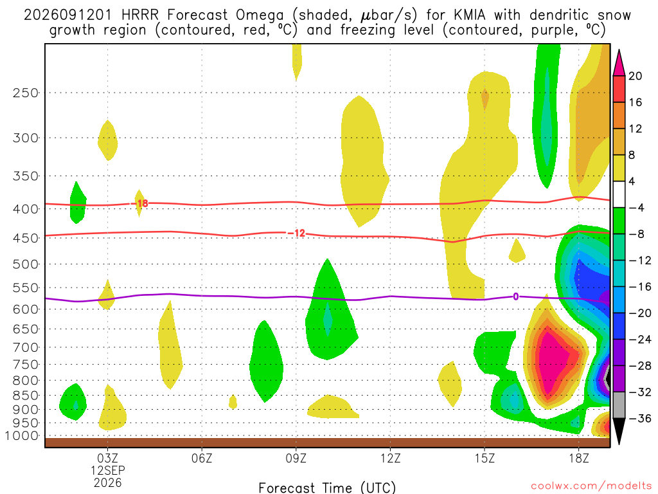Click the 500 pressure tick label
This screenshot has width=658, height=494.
[x=26, y=264]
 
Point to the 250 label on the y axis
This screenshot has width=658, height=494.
[x=26, y=93]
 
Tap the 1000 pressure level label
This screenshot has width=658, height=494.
[x=22, y=436]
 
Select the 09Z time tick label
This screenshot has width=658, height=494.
[x=296, y=458]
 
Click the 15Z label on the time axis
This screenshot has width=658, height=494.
[x=485, y=458]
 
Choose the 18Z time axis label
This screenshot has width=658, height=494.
[x=579, y=458]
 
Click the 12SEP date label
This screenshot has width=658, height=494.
[x=108, y=470]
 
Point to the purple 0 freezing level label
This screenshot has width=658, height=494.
[x=516, y=297]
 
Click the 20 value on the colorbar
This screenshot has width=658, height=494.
[x=635, y=76]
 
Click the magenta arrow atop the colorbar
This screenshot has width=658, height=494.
[x=619, y=64]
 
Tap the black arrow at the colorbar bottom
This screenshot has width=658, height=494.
[x=619, y=431]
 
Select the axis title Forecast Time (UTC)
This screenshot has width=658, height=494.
[x=327, y=488]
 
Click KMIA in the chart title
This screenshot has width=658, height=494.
[x=470, y=15]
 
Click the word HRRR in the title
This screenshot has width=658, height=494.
[x=140, y=15]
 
